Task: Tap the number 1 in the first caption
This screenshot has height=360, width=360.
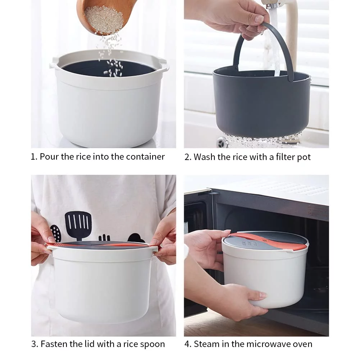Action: pyautogui.click(x=33, y=157)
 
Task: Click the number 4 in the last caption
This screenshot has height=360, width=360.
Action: pyautogui.click(x=187, y=344)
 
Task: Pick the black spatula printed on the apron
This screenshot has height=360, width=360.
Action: pyautogui.click(x=78, y=225)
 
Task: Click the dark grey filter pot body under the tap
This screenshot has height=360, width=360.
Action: pyautogui.click(x=262, y=103)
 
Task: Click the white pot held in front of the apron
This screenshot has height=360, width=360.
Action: pyautogui.click(x=102, y=282)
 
